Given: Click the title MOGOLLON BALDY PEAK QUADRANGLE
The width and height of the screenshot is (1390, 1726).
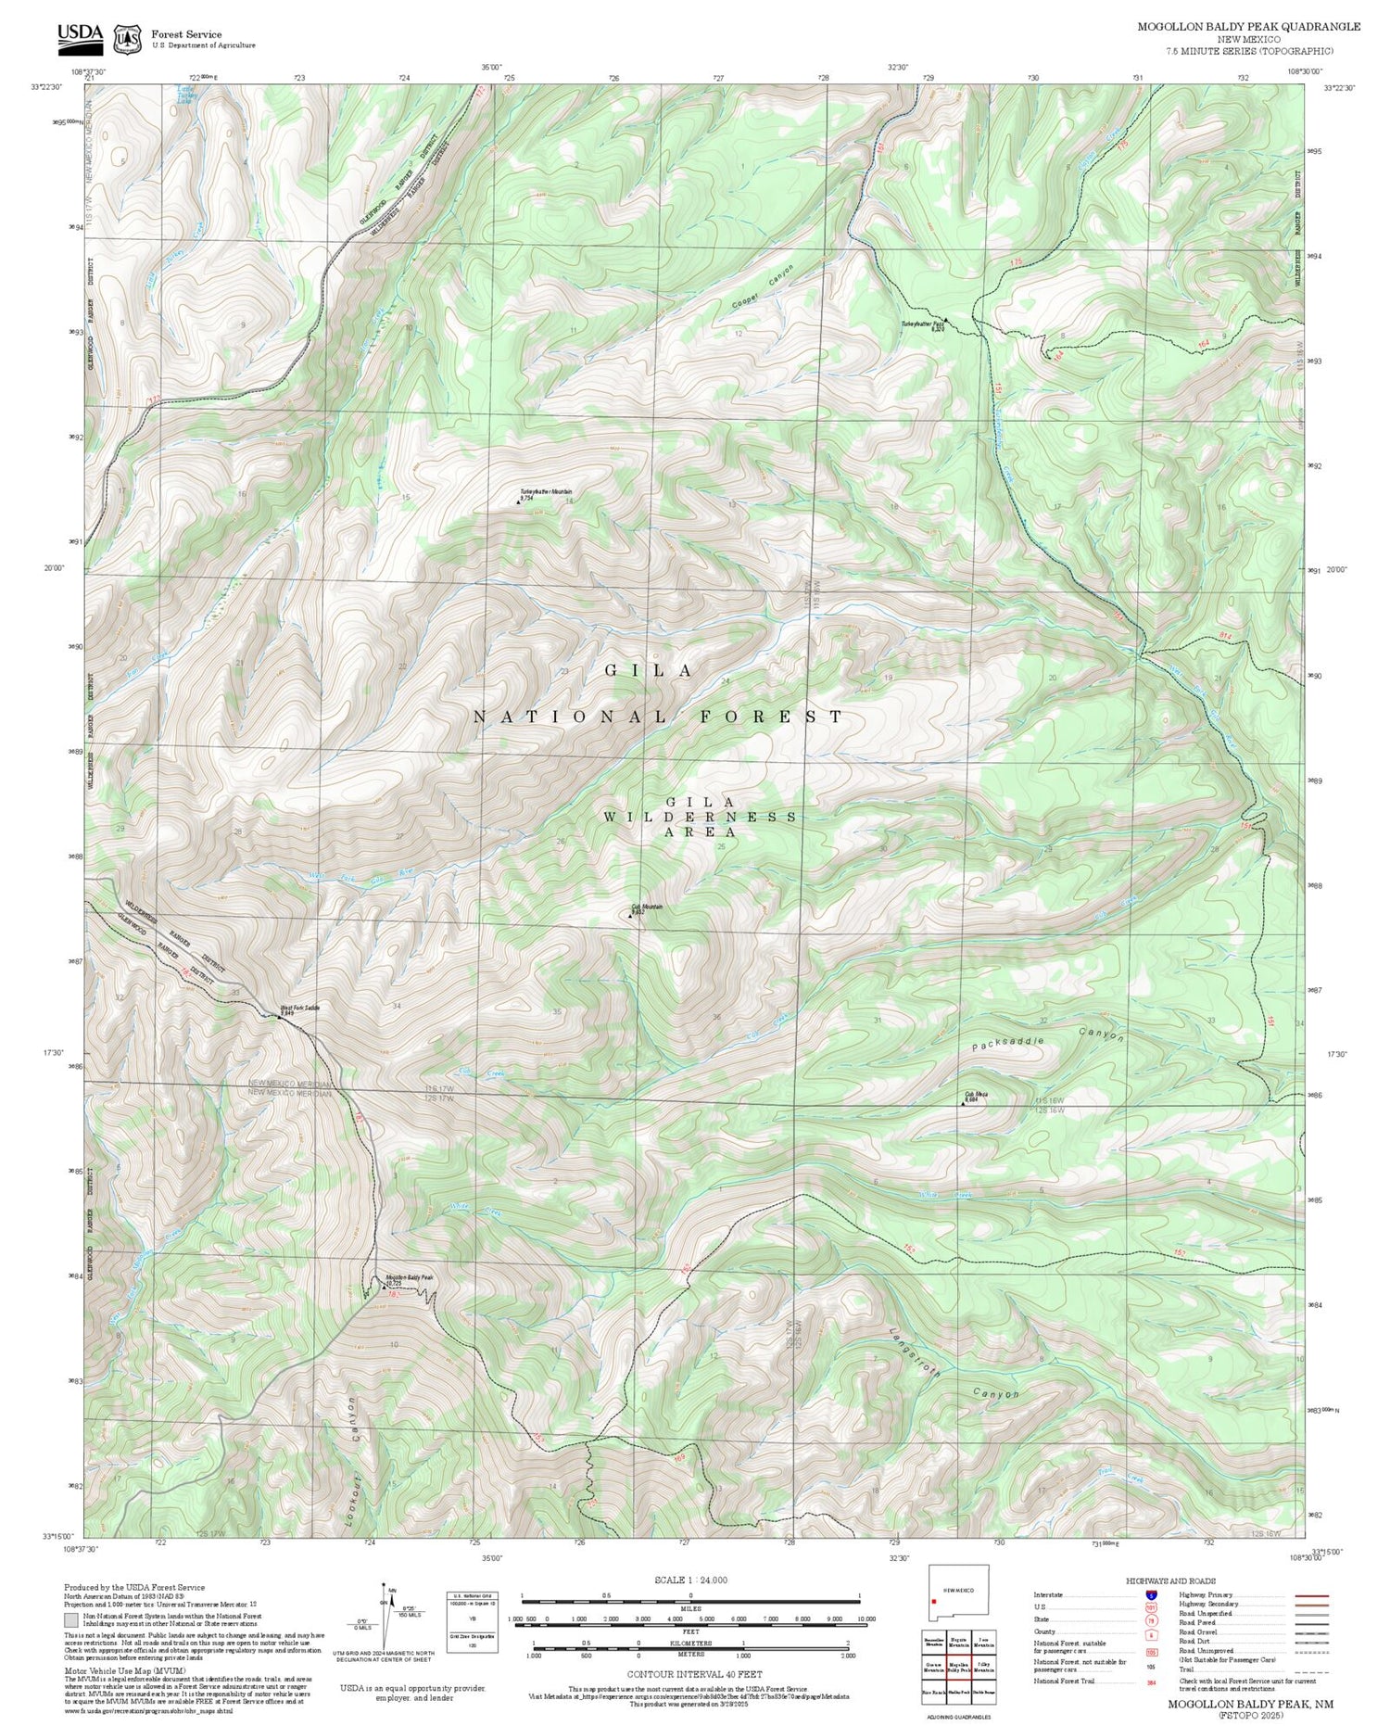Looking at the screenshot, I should [1248, 26].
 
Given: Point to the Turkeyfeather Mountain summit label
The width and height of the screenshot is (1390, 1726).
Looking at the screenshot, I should [546, 492].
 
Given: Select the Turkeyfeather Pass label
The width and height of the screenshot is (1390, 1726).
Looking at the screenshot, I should [923, 324].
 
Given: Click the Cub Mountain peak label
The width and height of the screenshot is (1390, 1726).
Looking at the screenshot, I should [647, 907].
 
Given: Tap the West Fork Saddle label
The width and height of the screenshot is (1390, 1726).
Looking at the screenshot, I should [300, 1008].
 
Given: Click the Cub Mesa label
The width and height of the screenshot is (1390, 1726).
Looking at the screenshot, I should [976, 1095].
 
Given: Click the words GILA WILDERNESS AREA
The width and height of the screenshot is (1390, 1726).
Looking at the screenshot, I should [701, 817].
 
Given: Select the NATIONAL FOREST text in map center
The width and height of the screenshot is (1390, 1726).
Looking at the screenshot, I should [658, 717].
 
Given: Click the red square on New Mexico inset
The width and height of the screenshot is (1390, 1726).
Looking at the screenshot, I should [934, 1601].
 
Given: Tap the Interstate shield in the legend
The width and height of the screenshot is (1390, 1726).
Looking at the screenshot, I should [1150, 1595].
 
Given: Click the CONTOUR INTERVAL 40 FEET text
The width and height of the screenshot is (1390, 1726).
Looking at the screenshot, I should [694, 1674].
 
